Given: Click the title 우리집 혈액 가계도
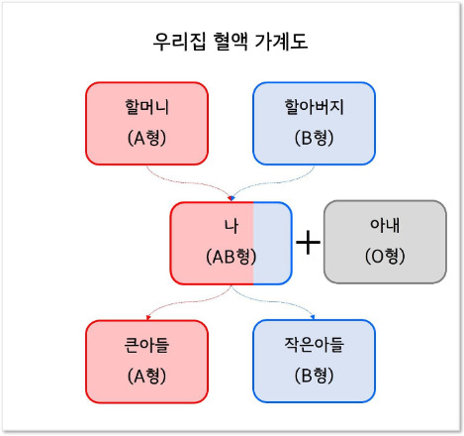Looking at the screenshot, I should tap(232, 43).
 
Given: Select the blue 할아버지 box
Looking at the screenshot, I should tap(314, 122).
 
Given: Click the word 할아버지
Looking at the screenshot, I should tap(314, 106).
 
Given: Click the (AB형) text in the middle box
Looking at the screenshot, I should tap(231, 256).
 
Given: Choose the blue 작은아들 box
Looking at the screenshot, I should tap(314, 361).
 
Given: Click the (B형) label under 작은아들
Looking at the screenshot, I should tap(314, 377).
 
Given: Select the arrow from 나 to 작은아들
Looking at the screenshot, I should tap(282, 301).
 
